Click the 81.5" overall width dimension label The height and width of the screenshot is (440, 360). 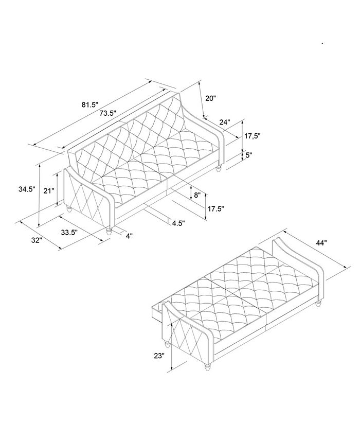click(89, 105)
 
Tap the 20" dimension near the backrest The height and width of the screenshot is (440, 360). click(211, 98)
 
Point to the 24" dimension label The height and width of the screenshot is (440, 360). click(224, 123)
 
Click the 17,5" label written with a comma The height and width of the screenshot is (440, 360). click(253, 136)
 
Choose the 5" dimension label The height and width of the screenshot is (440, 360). click(249, 155)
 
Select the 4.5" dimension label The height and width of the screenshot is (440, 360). click(178, 223)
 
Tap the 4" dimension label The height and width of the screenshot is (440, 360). click(129, 236)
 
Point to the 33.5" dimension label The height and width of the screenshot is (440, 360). click(69, 232)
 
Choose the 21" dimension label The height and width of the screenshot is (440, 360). click(49, 191)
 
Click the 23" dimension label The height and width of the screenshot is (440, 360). click(158, 355)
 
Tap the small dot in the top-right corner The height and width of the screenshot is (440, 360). click(322, 44)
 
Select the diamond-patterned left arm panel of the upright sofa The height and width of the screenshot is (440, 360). click(86, 198)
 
